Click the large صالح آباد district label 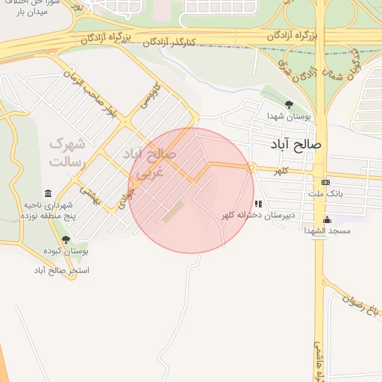coord(297,144)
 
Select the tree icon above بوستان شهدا coord(289,105)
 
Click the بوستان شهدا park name coord(289,116)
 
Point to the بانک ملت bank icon coord(325,183)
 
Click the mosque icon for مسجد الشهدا coord(327,219)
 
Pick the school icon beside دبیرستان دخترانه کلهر coord(258,204)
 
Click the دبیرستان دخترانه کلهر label coord(258,215)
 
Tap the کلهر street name coord(280,172)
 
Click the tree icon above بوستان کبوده coord(66,239)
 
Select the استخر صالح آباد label coord(62,269)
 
